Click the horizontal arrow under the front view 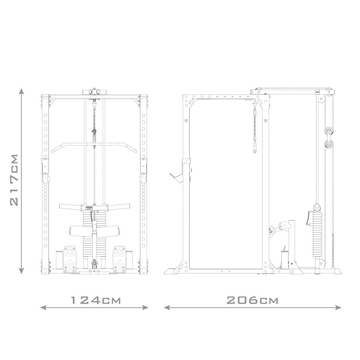coord(95,308)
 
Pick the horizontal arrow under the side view coord(253,308)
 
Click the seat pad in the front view coord(94,230)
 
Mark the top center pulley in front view coord(94,91)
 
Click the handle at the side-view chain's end coord(254,150)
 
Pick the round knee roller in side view coord(272,230)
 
